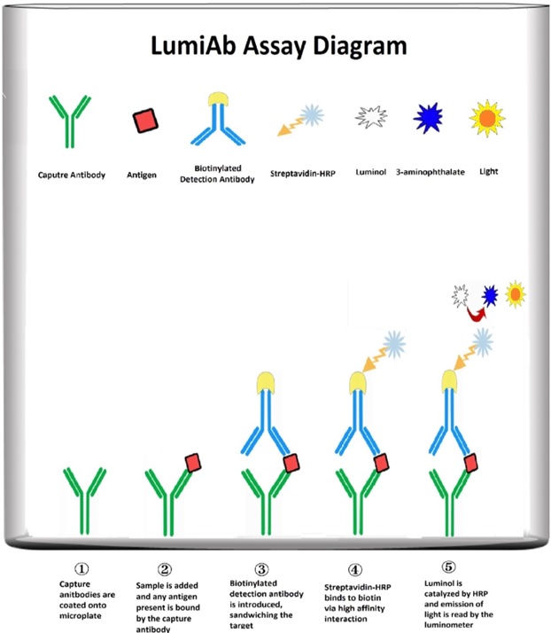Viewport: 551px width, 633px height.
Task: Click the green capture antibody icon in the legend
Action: click(65, 122)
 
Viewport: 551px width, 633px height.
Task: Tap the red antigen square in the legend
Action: click(142, 121)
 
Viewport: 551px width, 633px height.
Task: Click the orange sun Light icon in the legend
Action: click(489, 116)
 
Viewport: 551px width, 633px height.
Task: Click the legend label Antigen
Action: click(143, 175)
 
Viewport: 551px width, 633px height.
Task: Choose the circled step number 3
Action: click(260, 568)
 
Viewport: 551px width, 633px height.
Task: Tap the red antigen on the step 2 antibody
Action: click(193, 463)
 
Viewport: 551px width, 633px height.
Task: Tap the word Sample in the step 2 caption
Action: click(152, 587)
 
